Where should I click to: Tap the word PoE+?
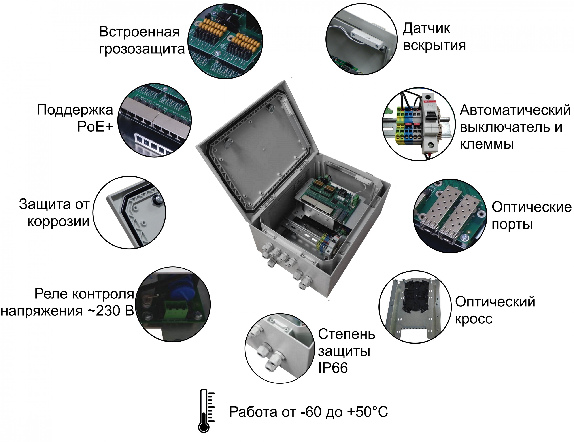[95, 127]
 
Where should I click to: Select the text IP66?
[332, 367]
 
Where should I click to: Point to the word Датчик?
[426, 28]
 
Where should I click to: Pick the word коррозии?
[58, 221]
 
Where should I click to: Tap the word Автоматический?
[515, 110]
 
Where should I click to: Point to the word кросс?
[474, 319]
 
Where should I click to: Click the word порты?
[512, 224]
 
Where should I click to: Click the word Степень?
[346, 334]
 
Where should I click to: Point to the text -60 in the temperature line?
[312, 412]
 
